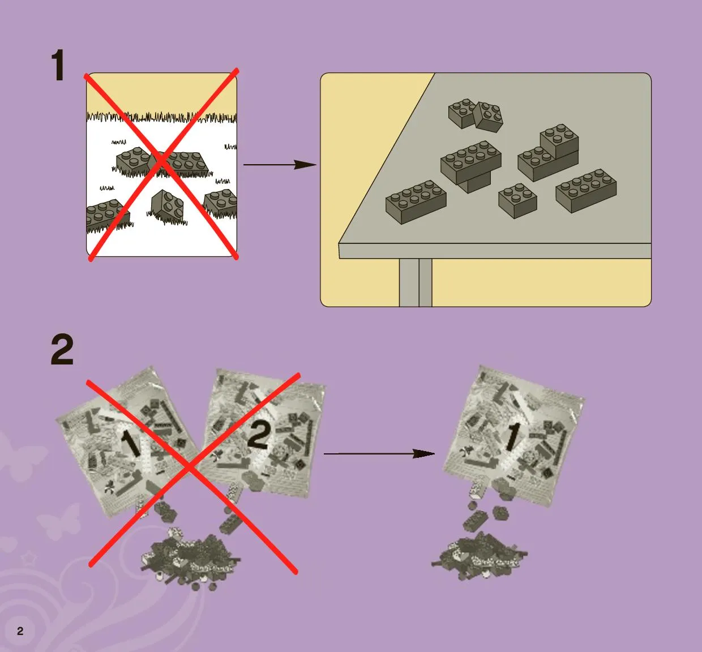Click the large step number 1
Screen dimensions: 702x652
click(x=58, y=65)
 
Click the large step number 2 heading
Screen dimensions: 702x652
click(x=62, y=350)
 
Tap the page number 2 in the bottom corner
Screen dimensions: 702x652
click(x=20, y=631)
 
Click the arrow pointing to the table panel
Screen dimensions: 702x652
click(x=280, y=165)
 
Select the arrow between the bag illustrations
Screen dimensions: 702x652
click(x=379, y=454)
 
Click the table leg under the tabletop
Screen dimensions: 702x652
click(x=416, y=282)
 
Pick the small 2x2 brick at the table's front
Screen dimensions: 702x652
click(x=517, y=200)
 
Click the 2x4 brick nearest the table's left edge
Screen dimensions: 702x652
click(x=416, y=202)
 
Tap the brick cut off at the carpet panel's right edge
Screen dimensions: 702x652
click(x=221, y=202)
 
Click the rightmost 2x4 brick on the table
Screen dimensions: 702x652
click(x=586, y=191)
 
